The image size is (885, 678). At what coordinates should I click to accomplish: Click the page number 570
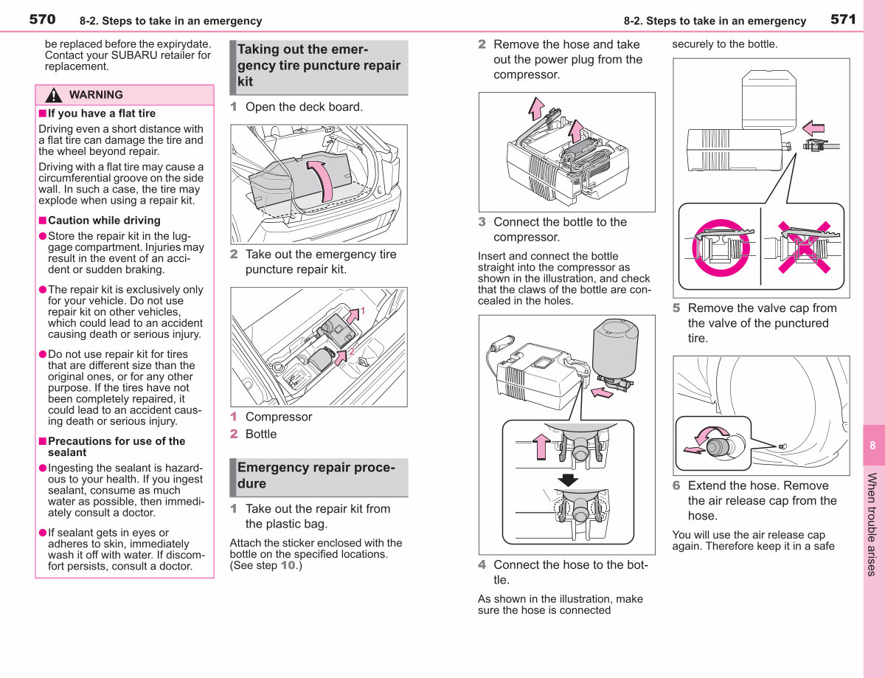[x=42, y=19]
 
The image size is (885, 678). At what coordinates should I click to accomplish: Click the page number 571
[x=843, y=19]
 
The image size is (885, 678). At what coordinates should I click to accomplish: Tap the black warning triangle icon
[x=53, y=95]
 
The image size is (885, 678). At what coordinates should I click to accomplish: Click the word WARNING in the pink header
[x=96, y=94]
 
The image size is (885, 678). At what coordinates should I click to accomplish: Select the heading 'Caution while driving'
[x=104, y=221]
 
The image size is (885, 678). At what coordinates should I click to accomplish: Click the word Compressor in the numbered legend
[x=279, y=417]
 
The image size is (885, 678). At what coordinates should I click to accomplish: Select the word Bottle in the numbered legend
[x=260, y=434]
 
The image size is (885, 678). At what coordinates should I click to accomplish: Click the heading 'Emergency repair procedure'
[x=316, y=475]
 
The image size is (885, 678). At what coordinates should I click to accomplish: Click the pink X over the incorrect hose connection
[x=805, y=248]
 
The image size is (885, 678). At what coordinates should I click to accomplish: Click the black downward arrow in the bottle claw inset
[x=568, y=480]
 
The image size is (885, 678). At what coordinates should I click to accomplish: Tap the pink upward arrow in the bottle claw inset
[x=541, y=446]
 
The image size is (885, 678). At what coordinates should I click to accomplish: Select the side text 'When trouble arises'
[x=872, y=525]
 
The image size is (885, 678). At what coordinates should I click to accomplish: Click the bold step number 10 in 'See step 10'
[x=288, y=565]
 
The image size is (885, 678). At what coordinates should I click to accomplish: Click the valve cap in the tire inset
[x=718, y=446]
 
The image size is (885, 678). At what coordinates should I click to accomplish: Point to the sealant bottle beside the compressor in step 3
[x=615, y=348]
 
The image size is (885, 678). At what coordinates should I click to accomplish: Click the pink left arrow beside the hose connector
[x=813, y=128]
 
